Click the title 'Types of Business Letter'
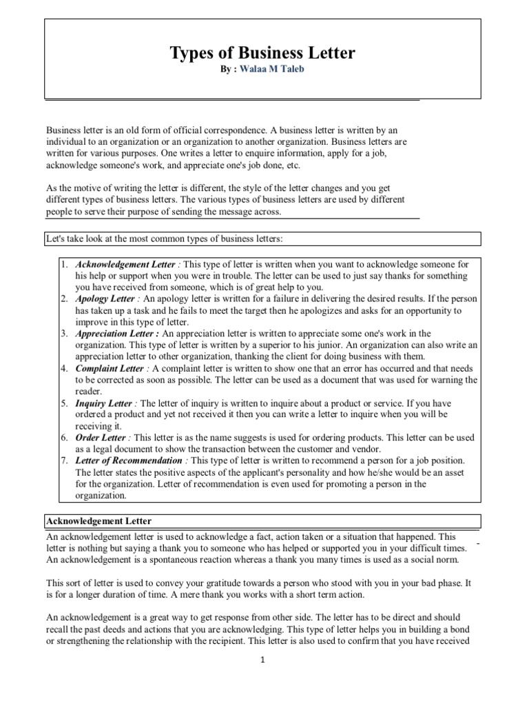pos(262,54)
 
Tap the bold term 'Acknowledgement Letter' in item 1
pos(125,265)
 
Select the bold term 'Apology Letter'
pos(105,299)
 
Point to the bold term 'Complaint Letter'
pos(110,368)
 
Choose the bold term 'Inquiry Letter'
pos(105,403)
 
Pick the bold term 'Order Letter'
pos(101,437)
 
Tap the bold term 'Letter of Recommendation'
pos(129,460)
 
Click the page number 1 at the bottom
pos(262,659)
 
